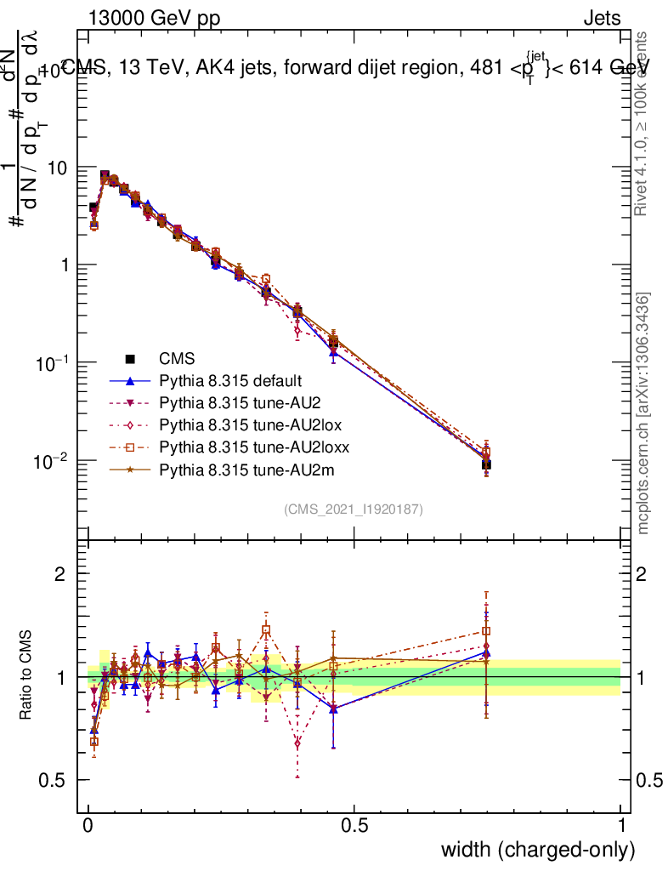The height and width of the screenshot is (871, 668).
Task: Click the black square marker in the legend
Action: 131,359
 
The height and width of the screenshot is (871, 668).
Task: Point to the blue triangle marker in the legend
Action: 131,381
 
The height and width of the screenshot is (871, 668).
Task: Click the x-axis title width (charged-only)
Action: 538,849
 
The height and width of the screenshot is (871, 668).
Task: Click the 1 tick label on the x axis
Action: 620,825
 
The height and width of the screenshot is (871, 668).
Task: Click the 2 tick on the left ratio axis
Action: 60,574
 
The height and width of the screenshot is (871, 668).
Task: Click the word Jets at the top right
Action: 601,19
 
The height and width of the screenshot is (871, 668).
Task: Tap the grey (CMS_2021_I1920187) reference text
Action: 354,510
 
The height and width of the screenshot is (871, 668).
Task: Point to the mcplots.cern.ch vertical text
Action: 644,414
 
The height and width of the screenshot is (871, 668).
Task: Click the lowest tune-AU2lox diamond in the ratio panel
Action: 297,743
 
